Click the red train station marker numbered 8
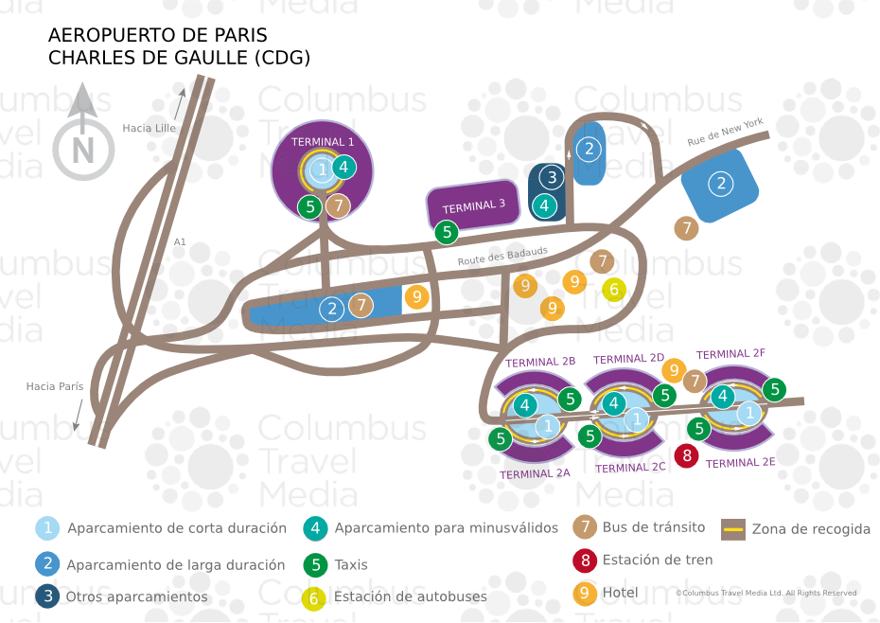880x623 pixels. tap(687, 456)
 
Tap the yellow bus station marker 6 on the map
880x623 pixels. tap(613, 290)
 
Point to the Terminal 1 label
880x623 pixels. tap(323, 141)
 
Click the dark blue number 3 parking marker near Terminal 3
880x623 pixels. tap(552, 176)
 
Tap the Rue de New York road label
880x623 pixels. tap(725, 133)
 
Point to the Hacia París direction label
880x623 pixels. tap(55, 386)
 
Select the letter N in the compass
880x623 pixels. tap(83, 150)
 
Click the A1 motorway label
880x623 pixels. tap(180, 242)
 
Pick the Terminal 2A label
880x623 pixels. tap(536, 473)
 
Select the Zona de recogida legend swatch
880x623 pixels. tap(733, 529)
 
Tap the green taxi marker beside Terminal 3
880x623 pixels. tap(447, 231)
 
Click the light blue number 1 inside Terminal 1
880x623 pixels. tap(322, 170)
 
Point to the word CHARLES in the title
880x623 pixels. tap(92, 58)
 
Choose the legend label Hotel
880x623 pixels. tap(620, 593)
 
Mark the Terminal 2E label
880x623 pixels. tap(740, 463)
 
